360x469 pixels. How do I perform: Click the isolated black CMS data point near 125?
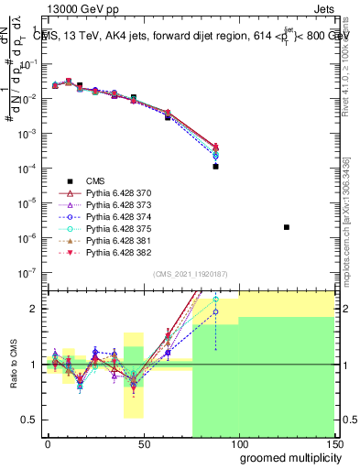click(x=287, y=227)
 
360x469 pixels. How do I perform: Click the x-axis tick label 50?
click(x=142, y=444)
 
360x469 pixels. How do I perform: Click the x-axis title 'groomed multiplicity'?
click(x=286, y=458)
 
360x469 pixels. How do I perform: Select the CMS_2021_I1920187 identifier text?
click(x=190, y=273)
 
